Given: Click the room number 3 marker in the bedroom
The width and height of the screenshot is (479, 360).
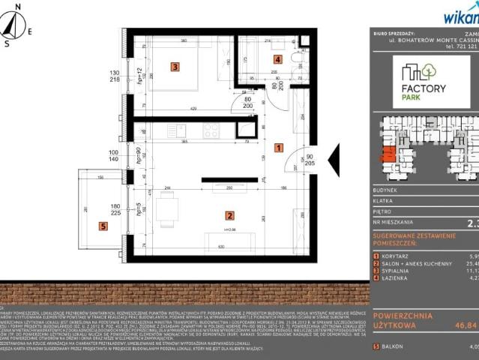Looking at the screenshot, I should pyautogui.click(x=174, y=67).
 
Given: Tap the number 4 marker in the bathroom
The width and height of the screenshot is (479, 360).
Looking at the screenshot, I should pyautogui.click(x=277, y=59).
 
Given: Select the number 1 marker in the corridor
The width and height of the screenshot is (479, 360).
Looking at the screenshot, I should pyautogui.click(x=278, y=148).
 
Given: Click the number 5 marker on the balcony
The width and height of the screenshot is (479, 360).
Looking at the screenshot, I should pyautogui.click(x=103, y=225).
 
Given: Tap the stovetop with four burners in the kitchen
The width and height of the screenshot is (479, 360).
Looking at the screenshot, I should pyautogui.click(x=211, y=130).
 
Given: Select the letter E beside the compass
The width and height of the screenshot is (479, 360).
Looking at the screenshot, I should pyautogui.click(x=30, y=31).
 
